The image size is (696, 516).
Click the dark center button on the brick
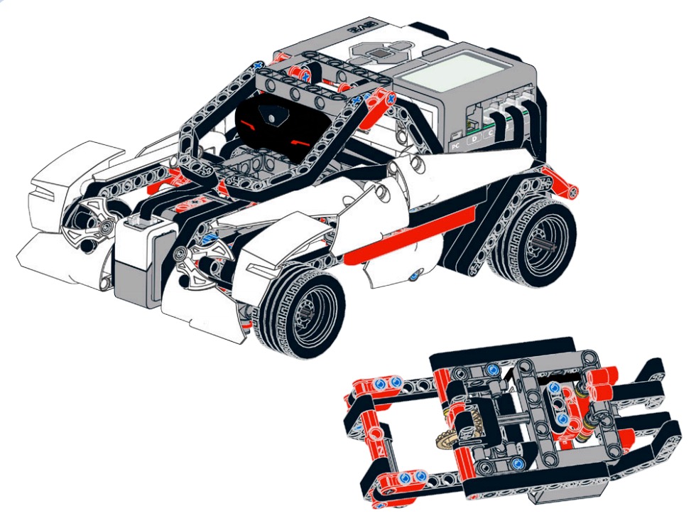pos(384,52)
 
